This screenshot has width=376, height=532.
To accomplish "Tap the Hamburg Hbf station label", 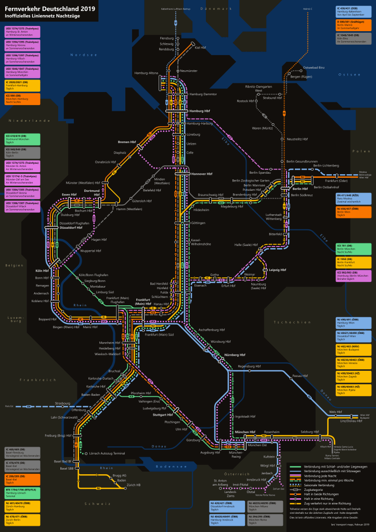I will [x=200, y=111].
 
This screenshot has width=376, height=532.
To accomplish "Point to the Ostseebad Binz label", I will [x=314, y=68].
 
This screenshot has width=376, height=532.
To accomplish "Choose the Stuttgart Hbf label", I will [x=163, y=414].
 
